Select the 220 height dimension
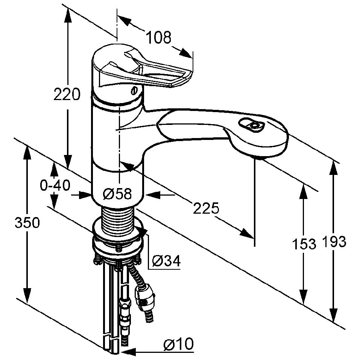67,94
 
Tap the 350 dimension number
27,222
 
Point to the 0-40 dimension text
55,185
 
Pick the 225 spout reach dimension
206,208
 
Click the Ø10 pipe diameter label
178,344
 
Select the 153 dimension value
304,244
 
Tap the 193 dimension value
334,241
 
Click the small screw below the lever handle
134,91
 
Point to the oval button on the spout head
252,125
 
